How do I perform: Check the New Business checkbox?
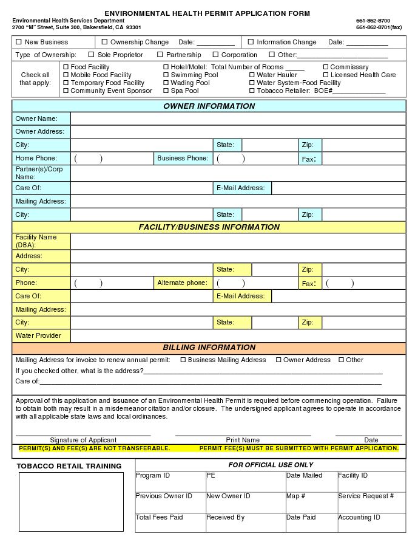click(18, 42)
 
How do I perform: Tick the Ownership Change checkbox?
click(104, 42)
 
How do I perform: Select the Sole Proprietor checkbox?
click(91, 55)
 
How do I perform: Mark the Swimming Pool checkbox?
click(166, 75)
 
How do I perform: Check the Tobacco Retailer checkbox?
click(252, 91)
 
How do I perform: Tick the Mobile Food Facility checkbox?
click(66, 75)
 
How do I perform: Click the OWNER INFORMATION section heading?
click(209, 106)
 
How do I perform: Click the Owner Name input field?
click(238, 119)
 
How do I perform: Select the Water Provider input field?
click(238, 335)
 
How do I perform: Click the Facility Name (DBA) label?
click(36, 241)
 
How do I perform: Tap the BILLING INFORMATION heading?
click(209, 348)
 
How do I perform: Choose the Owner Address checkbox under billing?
click(278, 360)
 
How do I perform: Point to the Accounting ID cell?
click(371, 522)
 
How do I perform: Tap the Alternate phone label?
click(182, 283)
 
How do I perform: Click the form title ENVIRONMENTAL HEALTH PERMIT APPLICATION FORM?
click(207, 13)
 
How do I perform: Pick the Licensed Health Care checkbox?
click(326, 75)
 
